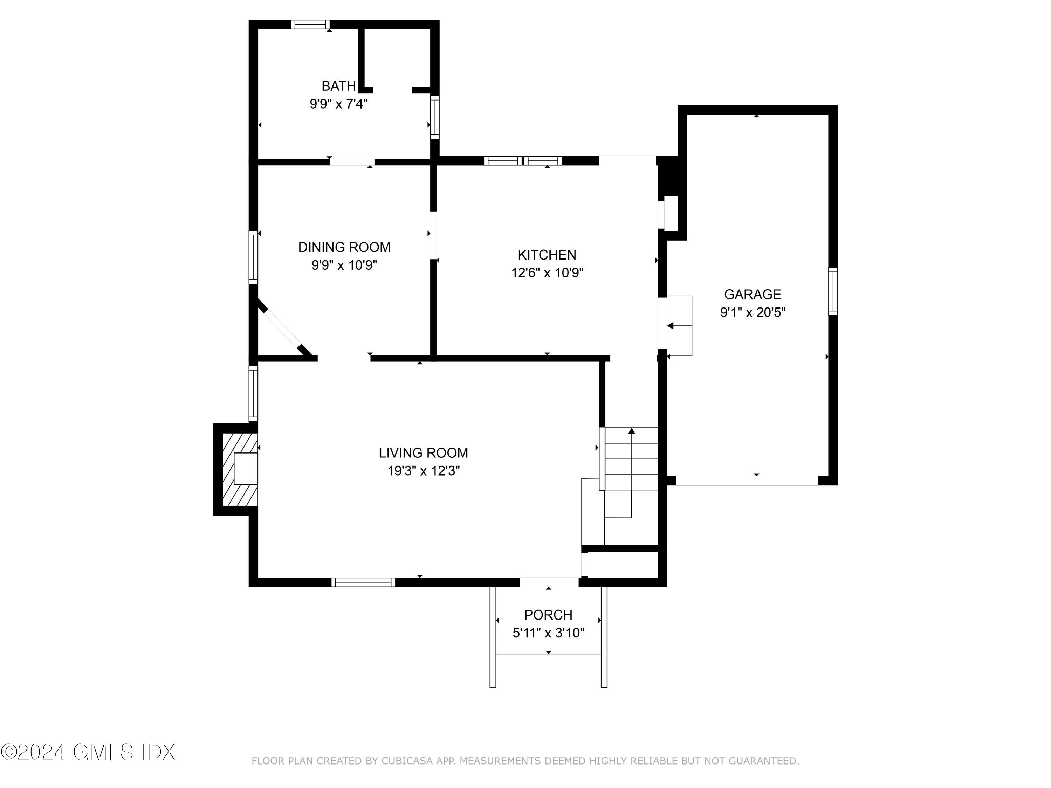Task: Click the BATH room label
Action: pos(338,86)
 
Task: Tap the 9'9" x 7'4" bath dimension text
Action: pos(338,104)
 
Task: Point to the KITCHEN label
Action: pos(547,255)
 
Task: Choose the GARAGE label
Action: pos(752,295)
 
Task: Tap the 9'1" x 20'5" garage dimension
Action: pos(752,312)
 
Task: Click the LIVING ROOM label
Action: pos(423,452)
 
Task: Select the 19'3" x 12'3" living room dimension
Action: pos(423,471)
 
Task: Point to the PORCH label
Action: pos(548,615)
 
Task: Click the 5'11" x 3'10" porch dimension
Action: pos(548,633)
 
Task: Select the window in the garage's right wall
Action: pos(832,291)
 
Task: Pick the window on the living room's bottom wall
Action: pos(363,582)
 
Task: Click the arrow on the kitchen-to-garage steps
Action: pos(671,326)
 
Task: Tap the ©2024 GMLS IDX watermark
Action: pos(88,752)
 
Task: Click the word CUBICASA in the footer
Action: pos(407,761)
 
